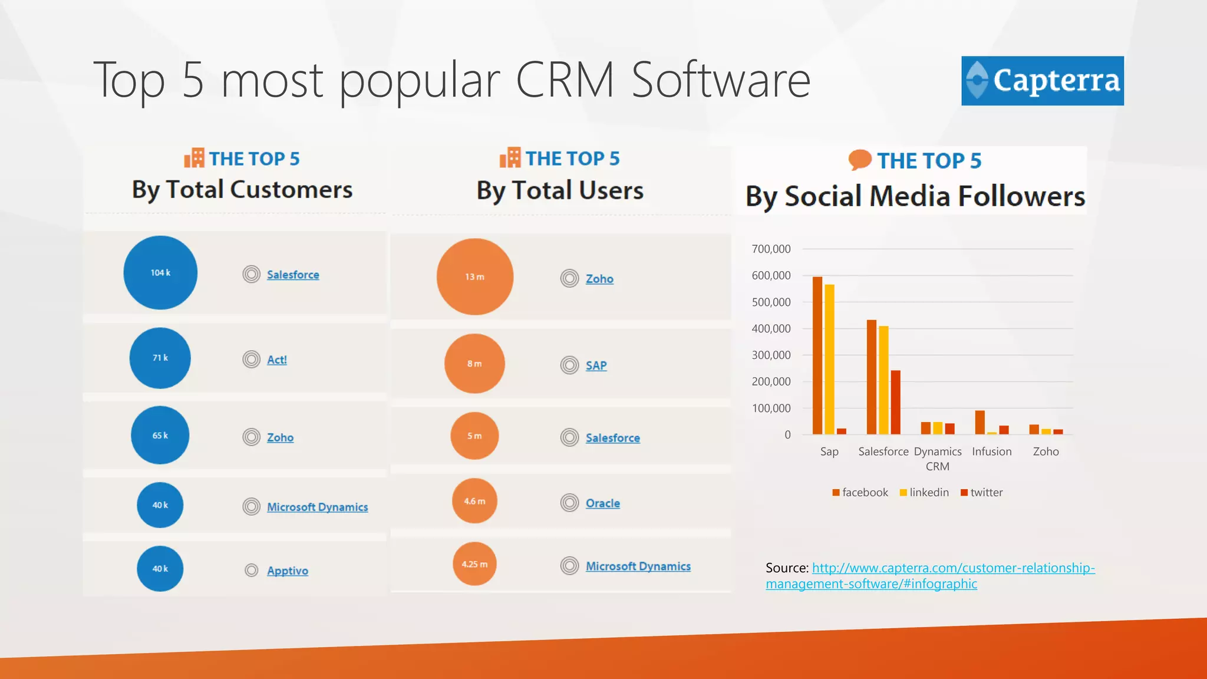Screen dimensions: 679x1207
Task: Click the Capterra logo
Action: pyautogui.click(x=1042, y=81)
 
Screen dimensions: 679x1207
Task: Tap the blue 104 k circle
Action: pyautogui.click(x=160, y=273)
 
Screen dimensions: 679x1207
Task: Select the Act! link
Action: pyautogui.click(x=276, y=360)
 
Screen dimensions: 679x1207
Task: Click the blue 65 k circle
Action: pyautogui.click(x=160, y=436)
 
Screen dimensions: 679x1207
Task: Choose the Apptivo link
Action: pyautogui.click(x=287, y=571)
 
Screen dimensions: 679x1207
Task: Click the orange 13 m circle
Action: pyautogui.click(x=474, y=277)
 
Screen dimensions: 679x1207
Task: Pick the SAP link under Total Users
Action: pyautogui.click(x=596, y=365)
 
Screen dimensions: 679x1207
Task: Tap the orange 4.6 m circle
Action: pyautogui.click(x=474, y=501)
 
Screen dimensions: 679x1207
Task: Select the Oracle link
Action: pyautogui.click(x=602, y=503)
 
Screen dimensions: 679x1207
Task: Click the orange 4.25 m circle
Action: pyautogui.click(x=474, y=564)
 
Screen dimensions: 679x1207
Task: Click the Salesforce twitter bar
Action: pyautogui.click(x=895, y=403)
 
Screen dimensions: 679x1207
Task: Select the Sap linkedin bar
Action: pyautogui.click(x=829, y=360)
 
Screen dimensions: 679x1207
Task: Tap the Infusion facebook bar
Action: pyautogui.click(x=980, y=423)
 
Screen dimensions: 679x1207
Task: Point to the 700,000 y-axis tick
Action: pyautogui.click(x=771, y=249)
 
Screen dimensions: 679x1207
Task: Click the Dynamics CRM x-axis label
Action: pyautogui.click(x=937, y=459)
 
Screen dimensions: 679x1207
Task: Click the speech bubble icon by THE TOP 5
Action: pyautogui.click(x=860, y=160)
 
